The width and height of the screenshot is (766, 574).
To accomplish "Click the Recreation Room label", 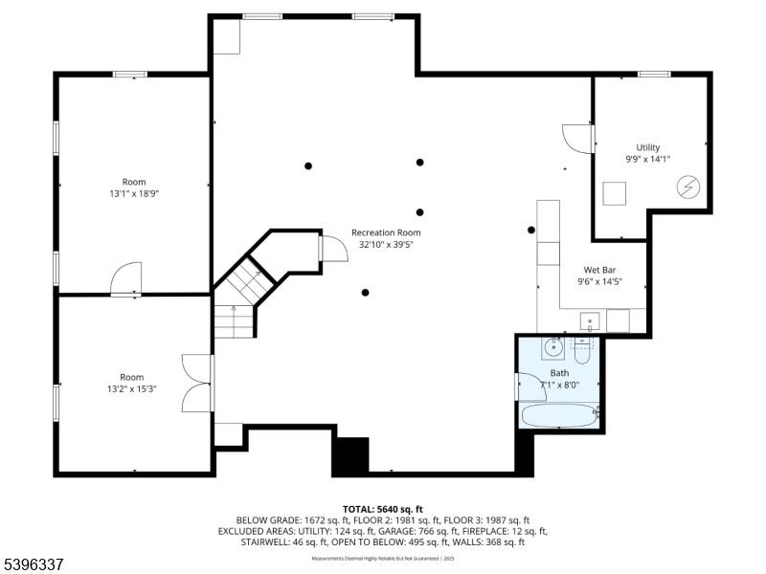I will pyautogui.click(x=385, y=232).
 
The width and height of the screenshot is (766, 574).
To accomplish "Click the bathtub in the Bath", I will pyautogui.click(x=558, y=415).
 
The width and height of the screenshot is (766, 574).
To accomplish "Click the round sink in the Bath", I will pyautogui.click(x=553, y=346).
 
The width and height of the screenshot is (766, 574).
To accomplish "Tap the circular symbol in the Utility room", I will pyautogui.click(x=688, y=188).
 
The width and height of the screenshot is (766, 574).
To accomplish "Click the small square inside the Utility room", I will pyautogui.click(x=615, y=192).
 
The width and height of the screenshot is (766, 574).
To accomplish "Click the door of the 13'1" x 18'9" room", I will pyautogui.click(x=126, y=280).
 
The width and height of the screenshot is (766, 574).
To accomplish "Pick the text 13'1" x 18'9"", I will pyautogui.click(x=133, y=193).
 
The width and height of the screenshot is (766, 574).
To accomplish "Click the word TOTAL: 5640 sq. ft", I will pyautogui.click(x=383, y=509).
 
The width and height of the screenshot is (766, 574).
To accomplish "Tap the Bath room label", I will pyautogui.click(x=559, y=373).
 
